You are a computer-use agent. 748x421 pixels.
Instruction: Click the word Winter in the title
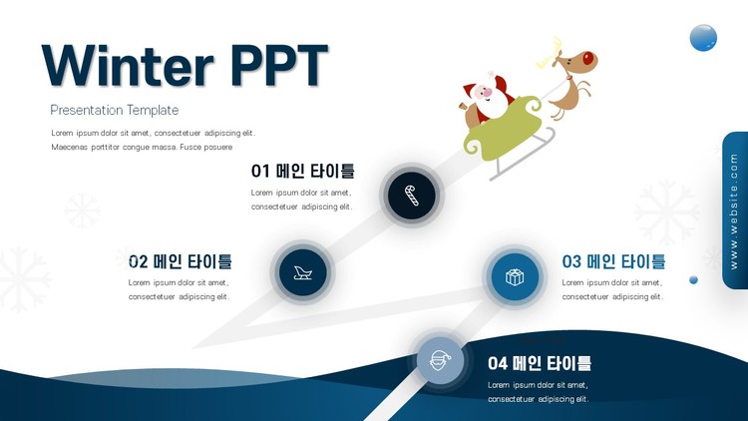128,66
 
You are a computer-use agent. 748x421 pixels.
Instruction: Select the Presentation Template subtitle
115,111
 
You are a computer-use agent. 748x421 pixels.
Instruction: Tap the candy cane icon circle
411,196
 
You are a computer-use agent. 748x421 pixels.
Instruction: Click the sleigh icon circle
302,272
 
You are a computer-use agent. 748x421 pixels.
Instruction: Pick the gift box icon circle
515,277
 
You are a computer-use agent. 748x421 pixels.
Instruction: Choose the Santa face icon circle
440,360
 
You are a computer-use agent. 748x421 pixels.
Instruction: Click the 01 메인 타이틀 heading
302,171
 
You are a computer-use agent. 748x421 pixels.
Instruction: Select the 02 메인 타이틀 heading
181,261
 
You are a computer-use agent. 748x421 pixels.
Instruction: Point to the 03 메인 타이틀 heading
613,261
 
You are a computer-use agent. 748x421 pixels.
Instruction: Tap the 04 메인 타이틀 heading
540,363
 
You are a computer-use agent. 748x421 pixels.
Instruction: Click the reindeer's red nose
587,59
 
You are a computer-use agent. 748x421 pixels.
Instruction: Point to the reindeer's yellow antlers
550,53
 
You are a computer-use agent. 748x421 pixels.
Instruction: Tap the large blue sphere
703,38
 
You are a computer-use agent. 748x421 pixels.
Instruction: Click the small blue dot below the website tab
693,280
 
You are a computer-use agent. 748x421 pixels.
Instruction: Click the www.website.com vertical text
734,210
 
